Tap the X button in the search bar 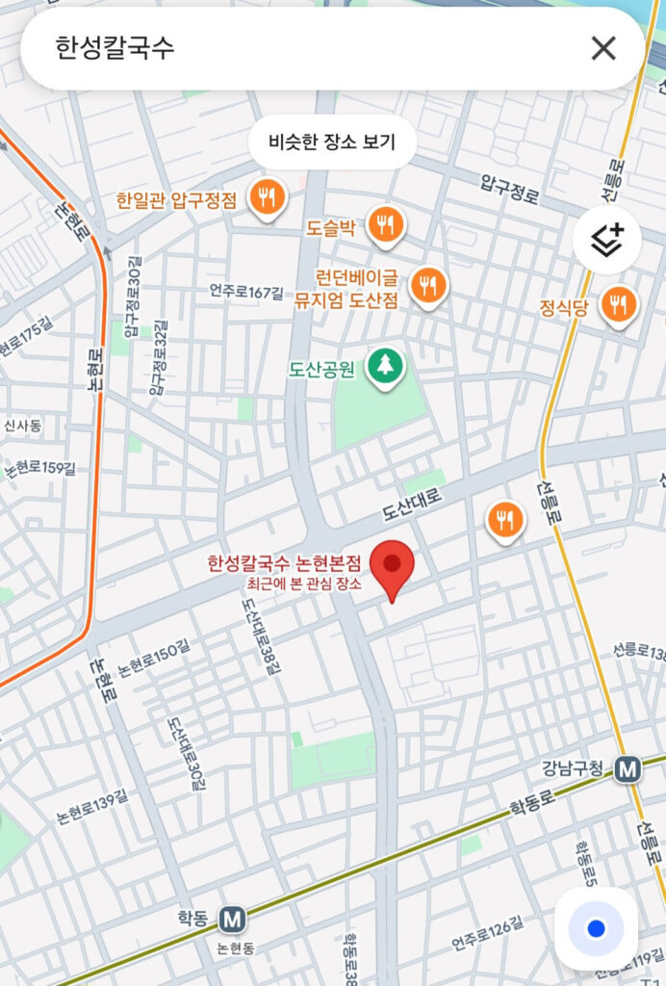(x=603, y=48)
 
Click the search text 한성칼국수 (x=115, y=48)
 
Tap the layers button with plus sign (x=606, y=240)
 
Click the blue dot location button (x=596, y=928)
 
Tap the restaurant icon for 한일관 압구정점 (x=266, y=197)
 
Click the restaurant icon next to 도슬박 (x=387, y=224)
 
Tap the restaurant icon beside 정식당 (x=618, y=305)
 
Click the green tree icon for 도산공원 (x=386, y=364)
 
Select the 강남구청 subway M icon (x=628, y=768)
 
